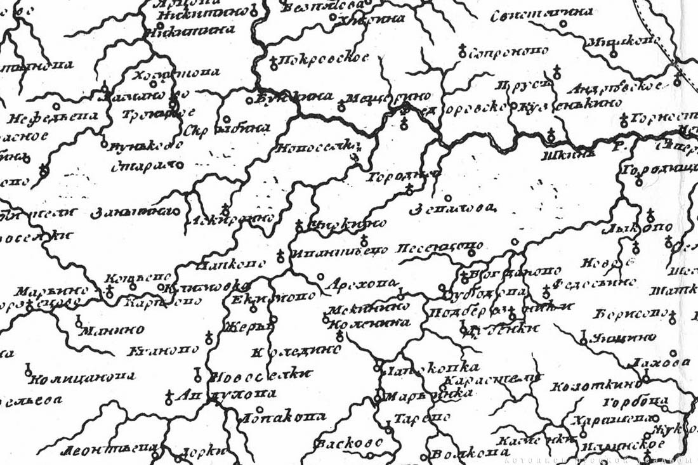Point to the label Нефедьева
pyautogui.click(x=55, y=117)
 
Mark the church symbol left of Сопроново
pyautogui.click(x=462, y=50)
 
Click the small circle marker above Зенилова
pyautogui.click(x=448, y=197)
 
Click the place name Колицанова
pyautogui.click(x=82, y=377)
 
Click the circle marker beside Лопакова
pyautogui.click(x=259, y=409)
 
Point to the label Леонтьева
pyautogui.click(x=109, y=452)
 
